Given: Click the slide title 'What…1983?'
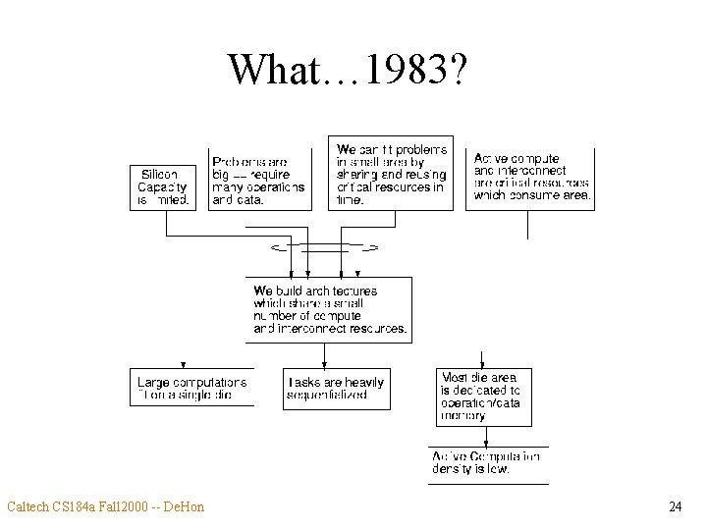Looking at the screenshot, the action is click(349, 69).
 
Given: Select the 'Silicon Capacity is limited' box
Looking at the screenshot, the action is click(161, 186).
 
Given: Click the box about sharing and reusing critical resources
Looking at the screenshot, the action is click(392, 174).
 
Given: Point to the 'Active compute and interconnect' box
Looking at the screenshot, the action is click(532, 177).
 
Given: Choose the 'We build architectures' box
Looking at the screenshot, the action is click(329, 309).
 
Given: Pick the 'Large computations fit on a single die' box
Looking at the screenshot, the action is click(191, 388).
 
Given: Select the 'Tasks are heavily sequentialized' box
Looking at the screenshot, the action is click(336, 388).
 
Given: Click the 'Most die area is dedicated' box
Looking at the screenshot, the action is click(483, 397).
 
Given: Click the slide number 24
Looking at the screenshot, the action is click(675, 506).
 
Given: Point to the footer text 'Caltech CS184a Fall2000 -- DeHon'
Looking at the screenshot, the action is click(105, 506).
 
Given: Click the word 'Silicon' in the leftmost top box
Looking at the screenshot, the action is click(159, 174).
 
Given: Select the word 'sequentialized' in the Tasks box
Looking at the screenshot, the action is click(327, 395).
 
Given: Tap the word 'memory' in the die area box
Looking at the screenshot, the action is click(463, 416).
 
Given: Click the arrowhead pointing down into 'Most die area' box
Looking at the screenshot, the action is click(481, 362).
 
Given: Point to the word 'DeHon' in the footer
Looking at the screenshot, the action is click(184, 506).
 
